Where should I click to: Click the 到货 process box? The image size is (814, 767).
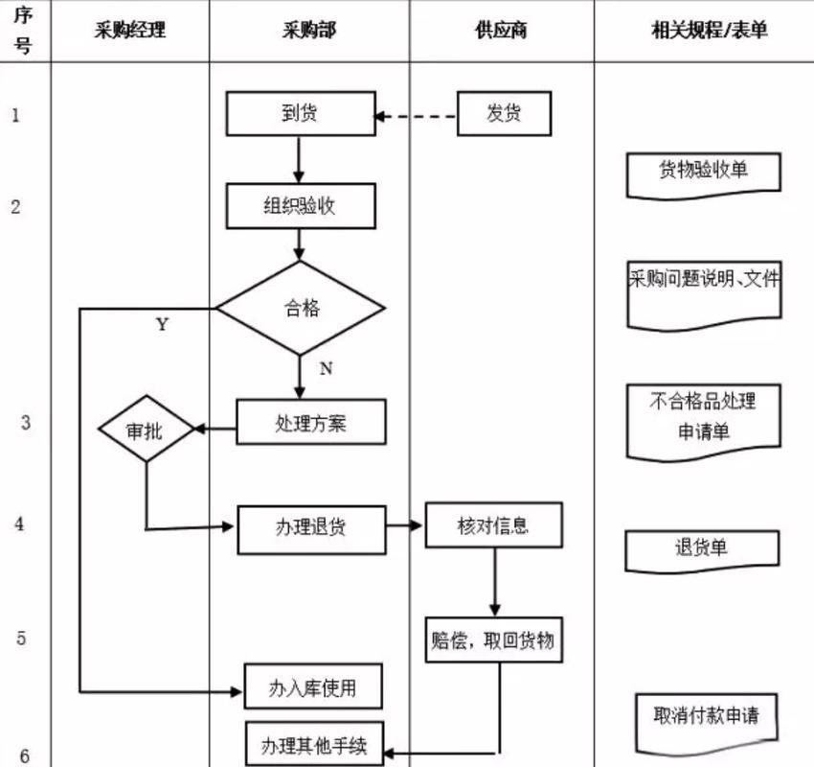click(x=301, y=114)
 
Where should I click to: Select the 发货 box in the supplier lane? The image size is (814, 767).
click(x=504, y=114)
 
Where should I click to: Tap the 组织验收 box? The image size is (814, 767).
click(x=301, y=206)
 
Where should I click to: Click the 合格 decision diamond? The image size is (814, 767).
click(x=301, y=309)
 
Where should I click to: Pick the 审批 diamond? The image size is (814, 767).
click(x=146, y=430)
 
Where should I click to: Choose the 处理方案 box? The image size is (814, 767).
click(x=311, y=423)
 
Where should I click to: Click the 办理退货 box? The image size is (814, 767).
click(x=311, y=526)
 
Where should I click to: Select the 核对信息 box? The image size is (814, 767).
click(x=493, y=525)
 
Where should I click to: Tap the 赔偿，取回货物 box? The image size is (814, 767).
click(x=493, y=639)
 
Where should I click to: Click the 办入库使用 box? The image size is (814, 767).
click(x=313, y=686)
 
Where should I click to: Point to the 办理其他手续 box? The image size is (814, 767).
click(x=313, y=744)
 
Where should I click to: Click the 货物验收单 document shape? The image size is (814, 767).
click(x=703, y=173)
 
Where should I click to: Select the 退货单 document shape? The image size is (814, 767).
click(x=703, y=548)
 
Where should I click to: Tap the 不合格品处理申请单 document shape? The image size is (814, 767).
click(x=703, y=419)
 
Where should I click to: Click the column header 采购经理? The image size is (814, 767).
click(x=130, y=30)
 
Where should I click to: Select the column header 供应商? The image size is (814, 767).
click(x=501, y=30)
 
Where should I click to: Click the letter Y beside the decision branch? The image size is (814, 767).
click(x=162, y=325)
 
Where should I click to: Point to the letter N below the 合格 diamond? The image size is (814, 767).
click(x=326, y=368)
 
